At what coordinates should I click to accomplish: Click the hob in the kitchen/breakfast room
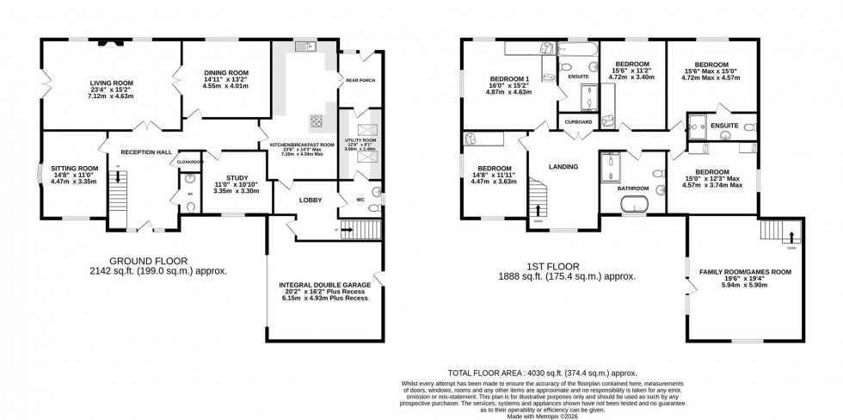pos(316,121)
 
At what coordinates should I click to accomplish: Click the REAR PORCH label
pos(360,82)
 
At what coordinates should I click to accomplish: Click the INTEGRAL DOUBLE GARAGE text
pos(324,283)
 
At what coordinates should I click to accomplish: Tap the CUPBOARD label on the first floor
pos(577,122)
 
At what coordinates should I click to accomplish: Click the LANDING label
pos(563,166)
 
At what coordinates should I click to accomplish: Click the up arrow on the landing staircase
pos(539,208)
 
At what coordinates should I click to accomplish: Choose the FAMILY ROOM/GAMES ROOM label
pos(745,271)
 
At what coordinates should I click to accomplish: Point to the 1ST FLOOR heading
pos(554,266)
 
